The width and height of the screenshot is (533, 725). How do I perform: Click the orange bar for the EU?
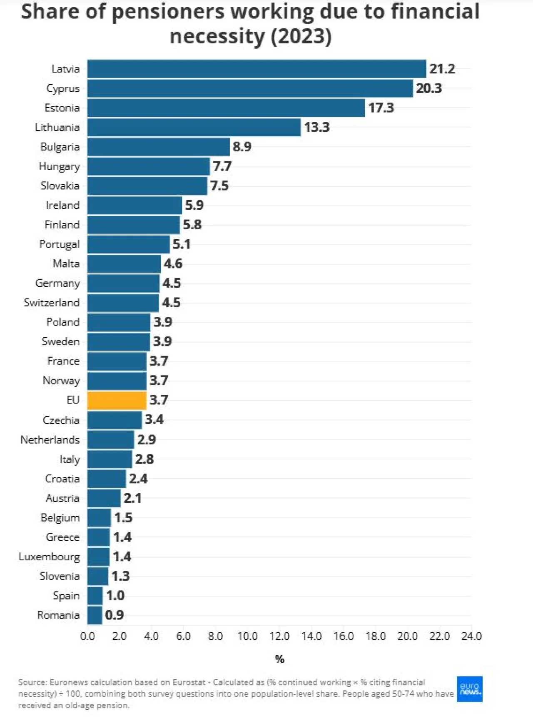pos(117,400)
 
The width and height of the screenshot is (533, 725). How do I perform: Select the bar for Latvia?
pos(257,69)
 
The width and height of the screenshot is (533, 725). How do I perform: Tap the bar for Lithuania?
pos(194,127)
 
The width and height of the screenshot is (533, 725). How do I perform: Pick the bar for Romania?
pos(95,615)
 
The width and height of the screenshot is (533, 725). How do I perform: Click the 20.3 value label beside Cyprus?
pos(429,88)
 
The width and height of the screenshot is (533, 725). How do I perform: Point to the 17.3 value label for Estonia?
pos(381,108)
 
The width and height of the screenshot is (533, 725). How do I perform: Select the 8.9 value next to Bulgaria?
pos(242,147)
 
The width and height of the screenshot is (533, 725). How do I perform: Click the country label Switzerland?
pos(52,303)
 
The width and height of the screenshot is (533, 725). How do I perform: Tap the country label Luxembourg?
pos(49,557)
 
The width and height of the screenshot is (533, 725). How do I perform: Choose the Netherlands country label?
pos(50,440)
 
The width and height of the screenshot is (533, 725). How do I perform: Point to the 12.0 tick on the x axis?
pos(279,636)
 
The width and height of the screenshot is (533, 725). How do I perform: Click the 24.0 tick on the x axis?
pos(471,636)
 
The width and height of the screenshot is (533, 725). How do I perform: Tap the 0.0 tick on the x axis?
pos(87,636)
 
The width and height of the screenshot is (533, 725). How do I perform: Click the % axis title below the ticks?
pos(279,659)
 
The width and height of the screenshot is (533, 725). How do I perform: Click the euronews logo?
pos(470,689)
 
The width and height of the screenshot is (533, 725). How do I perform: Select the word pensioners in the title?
pos(169,12)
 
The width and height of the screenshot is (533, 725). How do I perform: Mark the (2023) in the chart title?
pos(301,36)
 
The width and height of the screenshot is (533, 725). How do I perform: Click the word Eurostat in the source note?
pos(189,682)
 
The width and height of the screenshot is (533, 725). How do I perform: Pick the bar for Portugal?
pos(128,244)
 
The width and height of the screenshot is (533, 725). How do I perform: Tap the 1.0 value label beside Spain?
pos(115,596)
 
